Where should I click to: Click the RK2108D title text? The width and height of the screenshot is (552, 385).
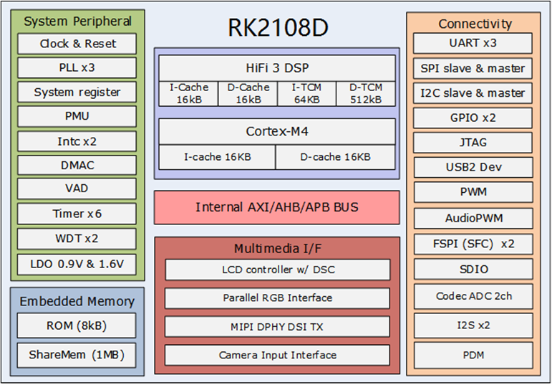pos(276,27)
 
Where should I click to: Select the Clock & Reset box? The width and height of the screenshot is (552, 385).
pos(78,44)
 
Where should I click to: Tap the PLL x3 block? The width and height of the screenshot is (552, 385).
pos(78,68)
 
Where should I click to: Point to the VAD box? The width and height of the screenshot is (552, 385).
pos(78,189)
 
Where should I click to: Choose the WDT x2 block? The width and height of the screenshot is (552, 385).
pos(78,239)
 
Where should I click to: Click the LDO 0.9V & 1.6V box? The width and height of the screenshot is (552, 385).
pos(78,263)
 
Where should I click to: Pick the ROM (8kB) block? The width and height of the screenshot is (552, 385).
pos(77,325)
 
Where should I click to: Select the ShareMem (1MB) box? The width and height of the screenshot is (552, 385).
pos(77,354)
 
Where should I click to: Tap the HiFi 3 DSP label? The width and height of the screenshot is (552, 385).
pos(276,67)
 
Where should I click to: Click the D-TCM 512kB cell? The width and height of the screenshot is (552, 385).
pos(365,93)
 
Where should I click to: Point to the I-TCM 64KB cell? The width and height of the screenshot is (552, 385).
pos(306,93)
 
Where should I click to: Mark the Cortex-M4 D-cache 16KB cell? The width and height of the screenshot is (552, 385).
pos(335,157)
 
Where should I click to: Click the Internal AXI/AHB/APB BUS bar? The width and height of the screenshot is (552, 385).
pos(276,207)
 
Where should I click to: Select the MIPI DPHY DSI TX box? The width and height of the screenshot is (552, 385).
pos(277,326)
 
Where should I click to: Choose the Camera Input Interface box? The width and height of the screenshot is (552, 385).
pos(277,355)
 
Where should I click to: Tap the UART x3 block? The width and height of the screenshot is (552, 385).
pos(473,43)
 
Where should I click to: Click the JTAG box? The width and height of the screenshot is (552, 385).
pos(473,142)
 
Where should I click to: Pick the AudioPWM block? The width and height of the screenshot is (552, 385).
pos(473,219)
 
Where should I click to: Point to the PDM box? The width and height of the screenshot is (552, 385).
pos(473,354)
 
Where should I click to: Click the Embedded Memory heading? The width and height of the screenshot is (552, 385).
pos(77,301)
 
